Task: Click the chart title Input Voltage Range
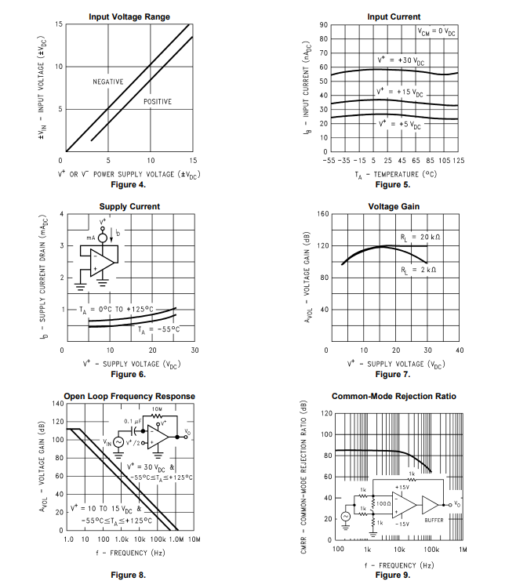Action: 129,16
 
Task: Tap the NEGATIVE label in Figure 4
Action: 108,82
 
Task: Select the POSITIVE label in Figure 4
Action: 157,102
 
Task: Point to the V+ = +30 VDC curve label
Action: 401,60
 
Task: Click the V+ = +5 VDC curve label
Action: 400,124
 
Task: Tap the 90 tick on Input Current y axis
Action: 323,25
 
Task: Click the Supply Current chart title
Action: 129,206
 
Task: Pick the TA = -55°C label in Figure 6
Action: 156,330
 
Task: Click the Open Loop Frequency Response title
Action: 129,396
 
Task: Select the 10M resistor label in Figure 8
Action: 157,408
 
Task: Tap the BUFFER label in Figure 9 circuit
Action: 434,520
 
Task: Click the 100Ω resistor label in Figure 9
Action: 384,503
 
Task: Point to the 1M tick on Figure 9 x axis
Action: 463,550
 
